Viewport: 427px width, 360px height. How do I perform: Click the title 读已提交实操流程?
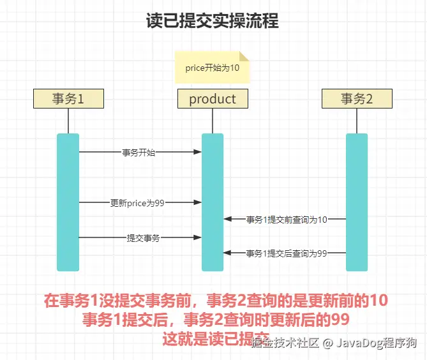coord(213,21)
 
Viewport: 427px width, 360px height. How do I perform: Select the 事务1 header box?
coord(68,99)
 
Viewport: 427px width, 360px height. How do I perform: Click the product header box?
coord(213,99)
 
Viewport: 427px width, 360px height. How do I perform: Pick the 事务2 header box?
coord(356,99)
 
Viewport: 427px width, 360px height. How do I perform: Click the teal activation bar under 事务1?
coord(68,202)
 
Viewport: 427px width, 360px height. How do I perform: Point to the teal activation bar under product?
coord(213,202)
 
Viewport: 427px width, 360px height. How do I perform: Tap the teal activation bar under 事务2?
coord(356,202)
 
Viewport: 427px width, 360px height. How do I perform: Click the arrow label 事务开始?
coord(139,153)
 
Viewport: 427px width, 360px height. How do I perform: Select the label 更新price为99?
coord(138,202)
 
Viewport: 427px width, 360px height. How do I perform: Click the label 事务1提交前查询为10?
coord(287,220)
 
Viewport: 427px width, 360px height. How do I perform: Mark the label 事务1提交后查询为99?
coord(287,253)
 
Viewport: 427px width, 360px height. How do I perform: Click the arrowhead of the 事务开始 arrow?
coord(198,153)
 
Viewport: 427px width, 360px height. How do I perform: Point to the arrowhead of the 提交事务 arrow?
coord(198,237)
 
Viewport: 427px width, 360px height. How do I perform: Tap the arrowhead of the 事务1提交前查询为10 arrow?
coord(227,220)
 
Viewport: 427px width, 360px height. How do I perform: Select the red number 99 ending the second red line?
coord(341,319)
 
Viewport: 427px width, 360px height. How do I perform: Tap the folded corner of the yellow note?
coord(244,56)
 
